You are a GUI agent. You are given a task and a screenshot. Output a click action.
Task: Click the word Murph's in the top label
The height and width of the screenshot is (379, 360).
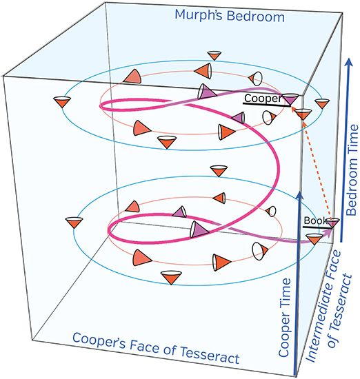[x=199, y=15]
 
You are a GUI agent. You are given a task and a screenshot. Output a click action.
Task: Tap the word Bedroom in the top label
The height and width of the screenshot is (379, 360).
[x=256, y=17]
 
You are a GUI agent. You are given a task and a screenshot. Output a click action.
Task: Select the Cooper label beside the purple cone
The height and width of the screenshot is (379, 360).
[x=263, y=99]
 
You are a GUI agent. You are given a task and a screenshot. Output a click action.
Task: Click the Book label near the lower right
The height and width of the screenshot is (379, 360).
[x=315, y=221]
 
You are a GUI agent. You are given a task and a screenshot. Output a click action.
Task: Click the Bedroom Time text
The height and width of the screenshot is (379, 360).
[x=352, y=170]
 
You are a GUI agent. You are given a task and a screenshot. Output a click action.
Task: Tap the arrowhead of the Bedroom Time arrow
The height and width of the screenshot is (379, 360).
[x=348, y=62]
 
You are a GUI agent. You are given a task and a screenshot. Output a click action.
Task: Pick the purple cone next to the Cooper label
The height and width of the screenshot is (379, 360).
[x=291, y=99]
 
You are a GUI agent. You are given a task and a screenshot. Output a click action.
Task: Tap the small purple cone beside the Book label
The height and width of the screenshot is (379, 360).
[x=333, y=222]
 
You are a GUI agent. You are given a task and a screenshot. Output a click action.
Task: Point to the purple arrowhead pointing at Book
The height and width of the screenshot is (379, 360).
[x=328, y=232]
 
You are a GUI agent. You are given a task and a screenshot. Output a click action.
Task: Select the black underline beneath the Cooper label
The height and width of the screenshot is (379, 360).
[x=267, y=105]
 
